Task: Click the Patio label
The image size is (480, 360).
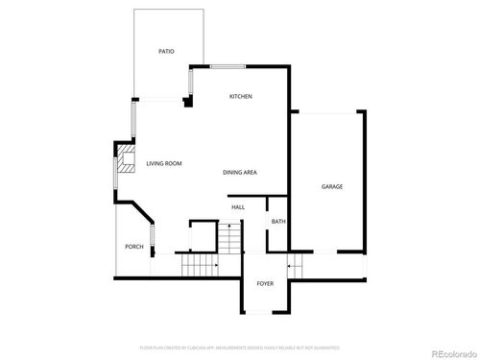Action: (166, 51)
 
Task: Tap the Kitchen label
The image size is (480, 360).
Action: (240, 98)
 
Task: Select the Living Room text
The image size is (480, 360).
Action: (164, 164)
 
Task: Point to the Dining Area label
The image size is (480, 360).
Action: (239, 173)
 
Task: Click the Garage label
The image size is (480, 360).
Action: (331, 186)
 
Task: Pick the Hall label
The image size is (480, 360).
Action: (238, 206)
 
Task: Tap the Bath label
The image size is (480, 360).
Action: (278, 222)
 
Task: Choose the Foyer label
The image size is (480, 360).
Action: (265, 283)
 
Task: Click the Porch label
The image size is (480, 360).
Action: (134, 247)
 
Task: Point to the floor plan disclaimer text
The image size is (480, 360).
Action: (239, 347)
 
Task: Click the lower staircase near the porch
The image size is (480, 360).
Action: (201, 264)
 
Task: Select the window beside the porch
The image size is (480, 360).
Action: (152, 236)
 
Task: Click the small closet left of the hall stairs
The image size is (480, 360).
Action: (203, 234)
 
